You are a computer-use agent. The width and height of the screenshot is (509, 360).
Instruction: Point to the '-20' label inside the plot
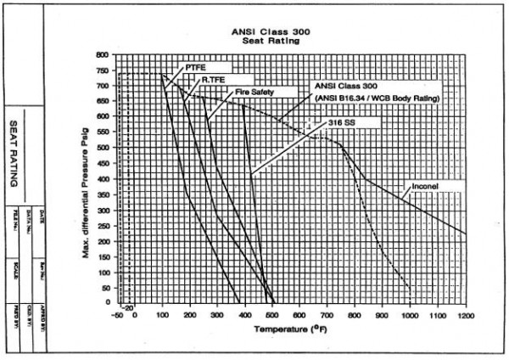tap(129, 307)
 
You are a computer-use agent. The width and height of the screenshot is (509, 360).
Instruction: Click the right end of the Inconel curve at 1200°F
tap(465, 233)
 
